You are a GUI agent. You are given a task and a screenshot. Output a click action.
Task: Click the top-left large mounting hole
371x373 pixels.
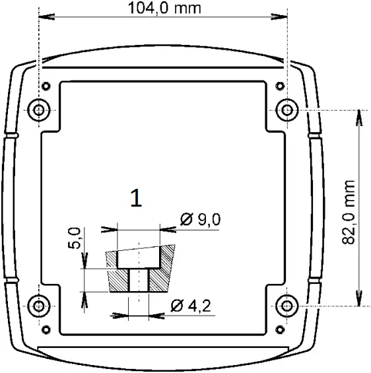click(39, 109)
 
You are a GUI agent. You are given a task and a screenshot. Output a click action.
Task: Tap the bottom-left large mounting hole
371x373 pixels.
click(39, 305)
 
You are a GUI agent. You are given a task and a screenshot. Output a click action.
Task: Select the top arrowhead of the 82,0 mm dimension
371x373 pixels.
click(359, 114)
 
